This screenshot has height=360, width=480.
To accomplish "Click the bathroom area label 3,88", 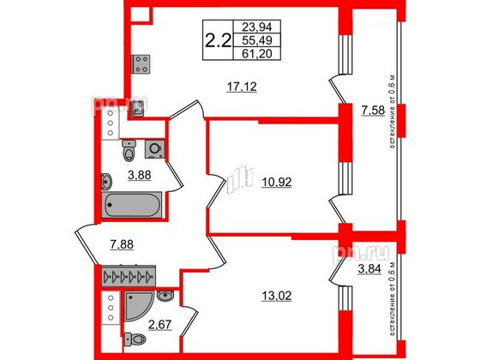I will tap(140, 177).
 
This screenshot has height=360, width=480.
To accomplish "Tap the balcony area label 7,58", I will tap(373, 111).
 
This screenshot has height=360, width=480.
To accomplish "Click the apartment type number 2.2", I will tap(215, 39).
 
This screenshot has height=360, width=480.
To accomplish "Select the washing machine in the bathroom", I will tap(155, 147).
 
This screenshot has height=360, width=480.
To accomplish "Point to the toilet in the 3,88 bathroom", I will tap(129, 152).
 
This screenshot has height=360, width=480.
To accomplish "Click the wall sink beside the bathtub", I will tap(106, 181).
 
